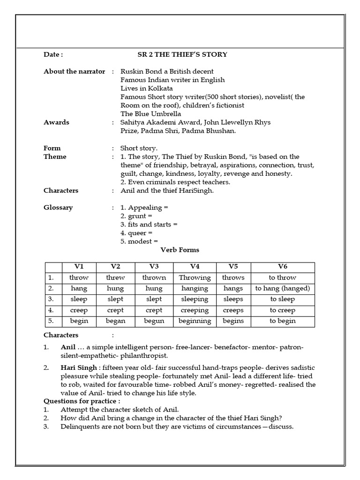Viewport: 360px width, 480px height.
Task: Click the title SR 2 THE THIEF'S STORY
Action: click(182, 54)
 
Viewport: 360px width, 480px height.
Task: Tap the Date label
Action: click(53, 54)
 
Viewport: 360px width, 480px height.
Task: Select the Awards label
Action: click(56, 122)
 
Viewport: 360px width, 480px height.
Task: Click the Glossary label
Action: click(58, 207)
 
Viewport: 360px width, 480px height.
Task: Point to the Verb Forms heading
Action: click(180, 250)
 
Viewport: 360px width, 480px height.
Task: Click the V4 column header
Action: click(195, 266)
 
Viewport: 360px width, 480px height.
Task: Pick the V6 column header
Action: click(282, 266)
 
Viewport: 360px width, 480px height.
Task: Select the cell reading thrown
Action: click(154, 277)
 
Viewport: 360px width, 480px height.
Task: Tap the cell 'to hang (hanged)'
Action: click(282, 288)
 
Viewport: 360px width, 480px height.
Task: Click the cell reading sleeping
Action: click(195, 299)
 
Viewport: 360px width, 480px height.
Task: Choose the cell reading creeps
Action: click(233, 310)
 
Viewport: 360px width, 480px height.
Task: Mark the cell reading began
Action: click(115, 321)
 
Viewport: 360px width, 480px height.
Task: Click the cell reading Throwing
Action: click(195, 277)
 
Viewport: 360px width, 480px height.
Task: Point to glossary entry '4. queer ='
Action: click(136, 232)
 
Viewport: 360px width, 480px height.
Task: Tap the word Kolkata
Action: click(161, 88)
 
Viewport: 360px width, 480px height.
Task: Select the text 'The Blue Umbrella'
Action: click(150, 114)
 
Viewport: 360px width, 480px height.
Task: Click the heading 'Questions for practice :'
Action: click(82, 401)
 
